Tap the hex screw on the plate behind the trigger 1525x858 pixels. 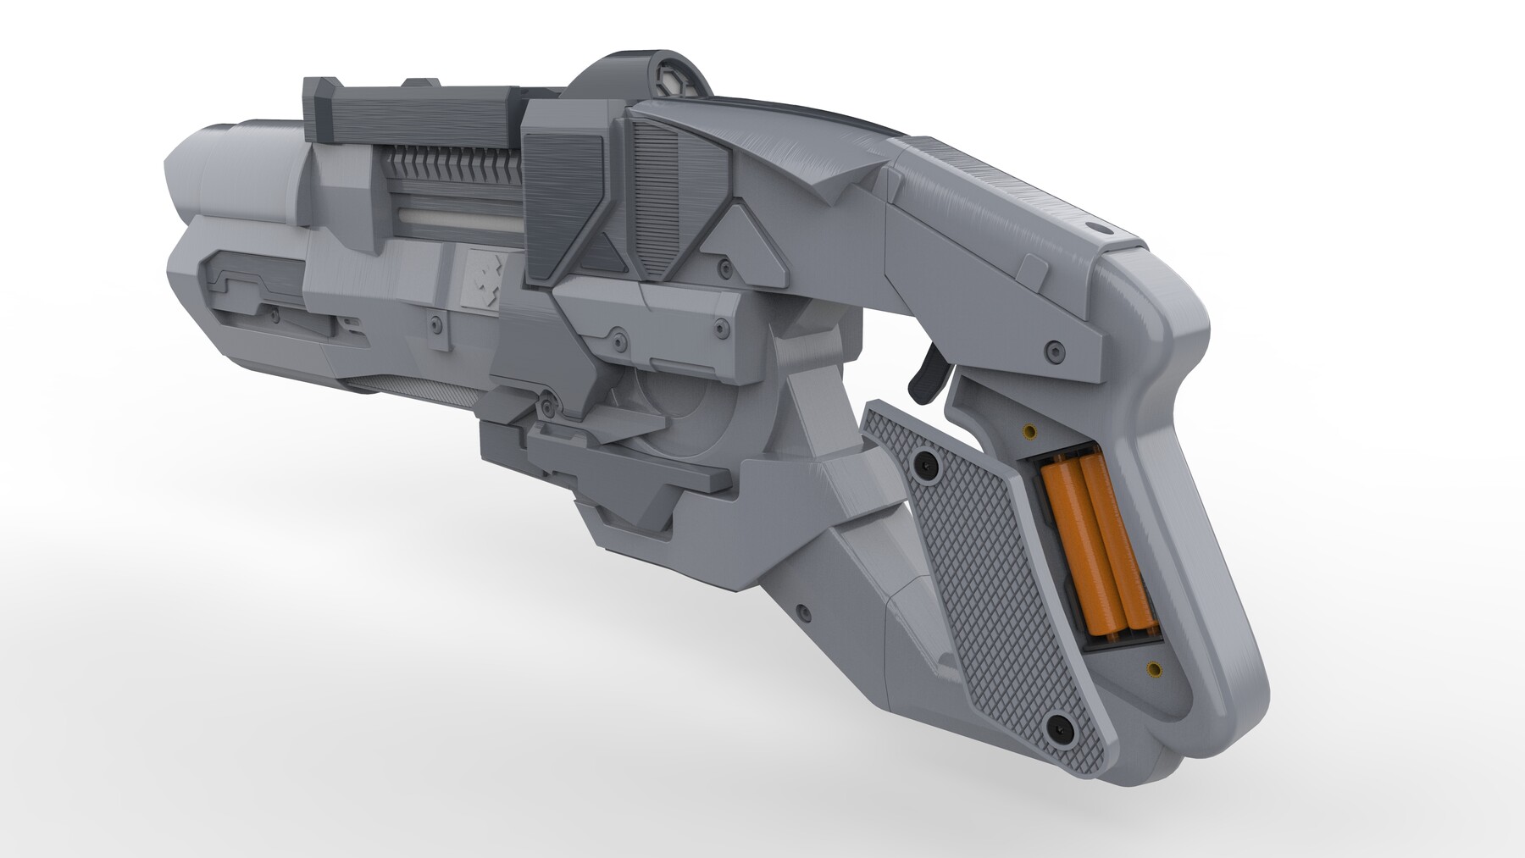point(1054,349)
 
